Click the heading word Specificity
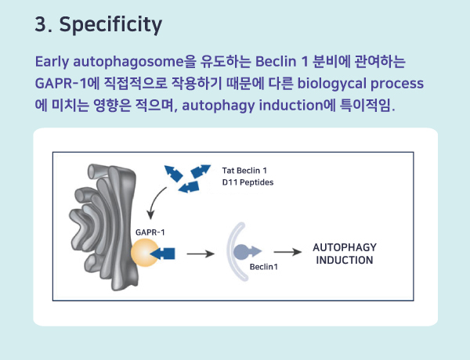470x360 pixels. click(110, 24)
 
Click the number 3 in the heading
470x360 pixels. click(41, 23)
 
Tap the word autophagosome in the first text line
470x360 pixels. click(128, 63)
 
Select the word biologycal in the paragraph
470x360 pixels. click(331, 84)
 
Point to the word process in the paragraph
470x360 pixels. click(397, 85)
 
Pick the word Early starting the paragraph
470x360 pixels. click(52, 63)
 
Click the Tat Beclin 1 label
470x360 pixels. click(244, 171)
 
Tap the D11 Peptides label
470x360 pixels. click(248, 182)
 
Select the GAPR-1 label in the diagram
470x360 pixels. click(150, 232)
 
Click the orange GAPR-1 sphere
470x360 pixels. click(144, 253)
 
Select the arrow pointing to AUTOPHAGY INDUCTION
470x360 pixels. click(287, 252)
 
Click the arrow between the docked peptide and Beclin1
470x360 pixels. click(201, 254)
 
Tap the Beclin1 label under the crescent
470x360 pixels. click(264, 267)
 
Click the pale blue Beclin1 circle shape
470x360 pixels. click(241, 251)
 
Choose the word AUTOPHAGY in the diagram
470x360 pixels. click(345, 247)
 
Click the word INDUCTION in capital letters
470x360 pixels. click(345, 260)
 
